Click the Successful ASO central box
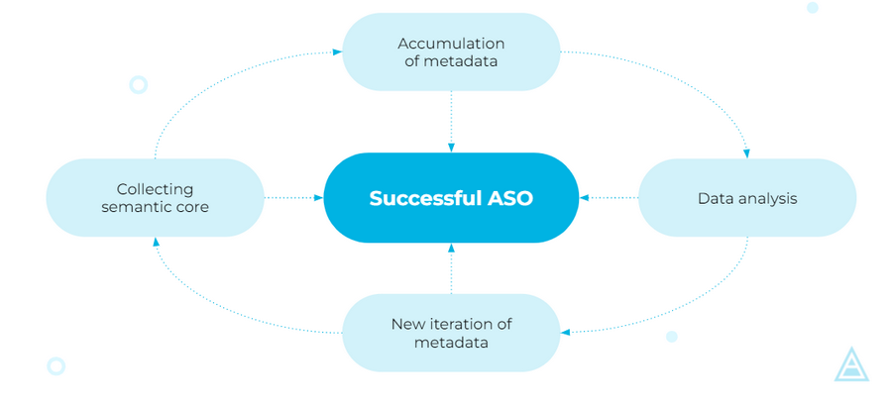pyautogui.click(x=451, y=198)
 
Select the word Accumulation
pyautogui.click(x=451, y=44)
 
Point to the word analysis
pyautogui.click(x=764, y=199)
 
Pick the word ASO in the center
pyautogui.click(x=509, y=198)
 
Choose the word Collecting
pyautogui.click(x=155, y=190)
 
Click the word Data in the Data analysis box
pyautogui.click(x=713, y=199)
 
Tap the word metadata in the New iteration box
pyautogui.click(x=451, y=344)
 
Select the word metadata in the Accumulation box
pyautogui.click(x=460, y=61)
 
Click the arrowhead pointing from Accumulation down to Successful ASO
pyautogui.click(x=451, y=148)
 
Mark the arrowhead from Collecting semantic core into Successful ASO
pyautogui.click(x=319, y=198)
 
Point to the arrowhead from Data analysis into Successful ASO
pyautogui.click(x=584, y=198)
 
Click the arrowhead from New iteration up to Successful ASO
pyautogui.click(x=451, y=248)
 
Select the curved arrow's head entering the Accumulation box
pyautogui.click(x=337, y=51)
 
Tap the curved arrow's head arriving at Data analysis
pyautogui.click(x=746, y=153)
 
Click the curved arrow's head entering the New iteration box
pyautogui.click(x=565, y=332)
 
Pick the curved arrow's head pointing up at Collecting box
pyautogui.click(x=156, y=242)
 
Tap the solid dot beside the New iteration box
pyautogui.click(x=672, y=337)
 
